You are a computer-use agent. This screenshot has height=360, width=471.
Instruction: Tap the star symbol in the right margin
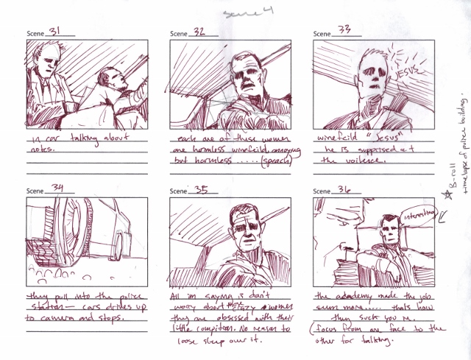(x=446, y=196)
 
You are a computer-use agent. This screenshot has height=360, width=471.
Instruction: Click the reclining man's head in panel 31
(x=110, y=79)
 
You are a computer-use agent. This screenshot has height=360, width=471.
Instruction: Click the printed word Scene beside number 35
(x=180, y=190)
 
